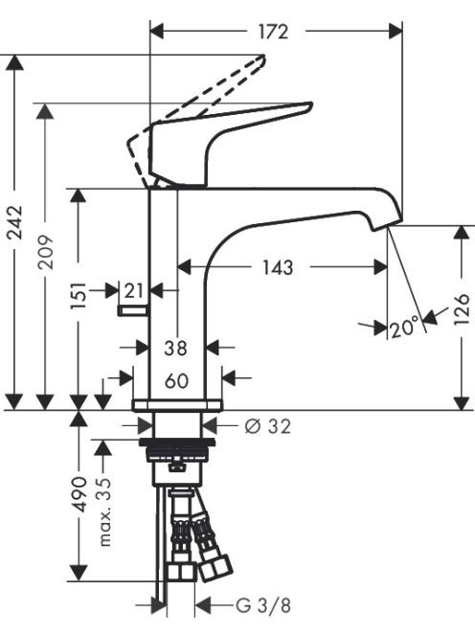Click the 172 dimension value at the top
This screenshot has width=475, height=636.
pyautogui.click(x=273, y=32)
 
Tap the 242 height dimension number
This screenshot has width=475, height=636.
pyautogui.click(x=16, y=222)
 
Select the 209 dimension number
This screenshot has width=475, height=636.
pyautogui.click(x=45, y=252)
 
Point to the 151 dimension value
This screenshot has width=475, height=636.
pyautogui.click(x=79, y=295)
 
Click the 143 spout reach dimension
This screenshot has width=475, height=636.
pyautogui.click(x=278, y=267)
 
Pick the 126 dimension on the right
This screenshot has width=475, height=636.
pyautogui.click(x=462, y=310)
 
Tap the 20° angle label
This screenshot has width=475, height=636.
pyautogui.click(x=404, y=327)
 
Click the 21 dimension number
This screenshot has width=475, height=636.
pyautogui.click(x=134, y=291)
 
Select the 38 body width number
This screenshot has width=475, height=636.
pyautogui.click(x=176, y=348)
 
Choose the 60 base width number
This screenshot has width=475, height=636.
pyautogui.click(x=176, y=381)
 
